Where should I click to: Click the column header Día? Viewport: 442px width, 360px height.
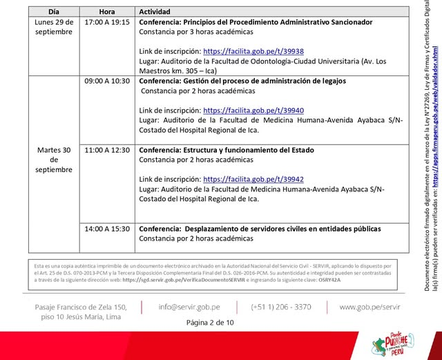tap(54, 12)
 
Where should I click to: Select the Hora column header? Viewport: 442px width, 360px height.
tap(106, 12)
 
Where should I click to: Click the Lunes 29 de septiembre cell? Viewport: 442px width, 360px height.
tap(54, 27)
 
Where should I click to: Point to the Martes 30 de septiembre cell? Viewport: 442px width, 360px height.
tap(54, 159)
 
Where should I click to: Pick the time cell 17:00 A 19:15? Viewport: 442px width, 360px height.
tap(106, 22)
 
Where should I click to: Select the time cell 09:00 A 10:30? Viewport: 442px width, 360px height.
tap(106, 81)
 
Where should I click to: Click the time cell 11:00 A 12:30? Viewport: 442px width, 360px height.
tap(106, 149)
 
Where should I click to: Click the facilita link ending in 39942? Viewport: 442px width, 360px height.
tap(253, 179)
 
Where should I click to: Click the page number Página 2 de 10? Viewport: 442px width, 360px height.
tap(210, 322)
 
